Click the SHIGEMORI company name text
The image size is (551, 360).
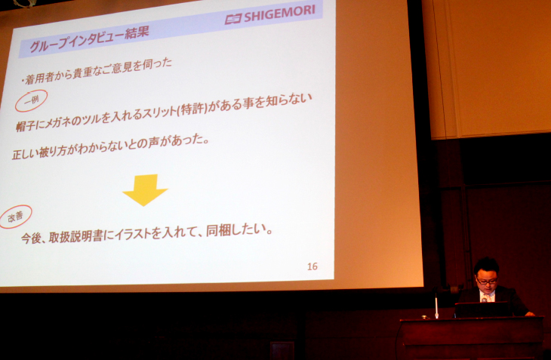tap(279, 14)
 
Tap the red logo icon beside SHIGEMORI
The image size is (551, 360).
tap(233, 19)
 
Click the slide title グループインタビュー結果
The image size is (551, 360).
tap(89, 38)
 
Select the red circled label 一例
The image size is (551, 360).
tap(31, 101)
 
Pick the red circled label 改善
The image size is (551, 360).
tap(15, 217)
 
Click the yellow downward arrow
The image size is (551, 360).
tap(145, 189)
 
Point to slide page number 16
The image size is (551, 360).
tap(312, 266)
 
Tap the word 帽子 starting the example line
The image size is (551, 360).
tap(25, 126)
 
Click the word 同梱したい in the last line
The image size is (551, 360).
tap(235, 229)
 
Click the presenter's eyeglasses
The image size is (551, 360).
tap(487, 281)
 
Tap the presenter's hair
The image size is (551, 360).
tap(486, 265)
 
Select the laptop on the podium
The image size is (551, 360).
tap(483, 309)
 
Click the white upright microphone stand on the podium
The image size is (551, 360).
tap(436, 306)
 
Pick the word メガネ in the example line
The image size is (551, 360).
tap(56, 123)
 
